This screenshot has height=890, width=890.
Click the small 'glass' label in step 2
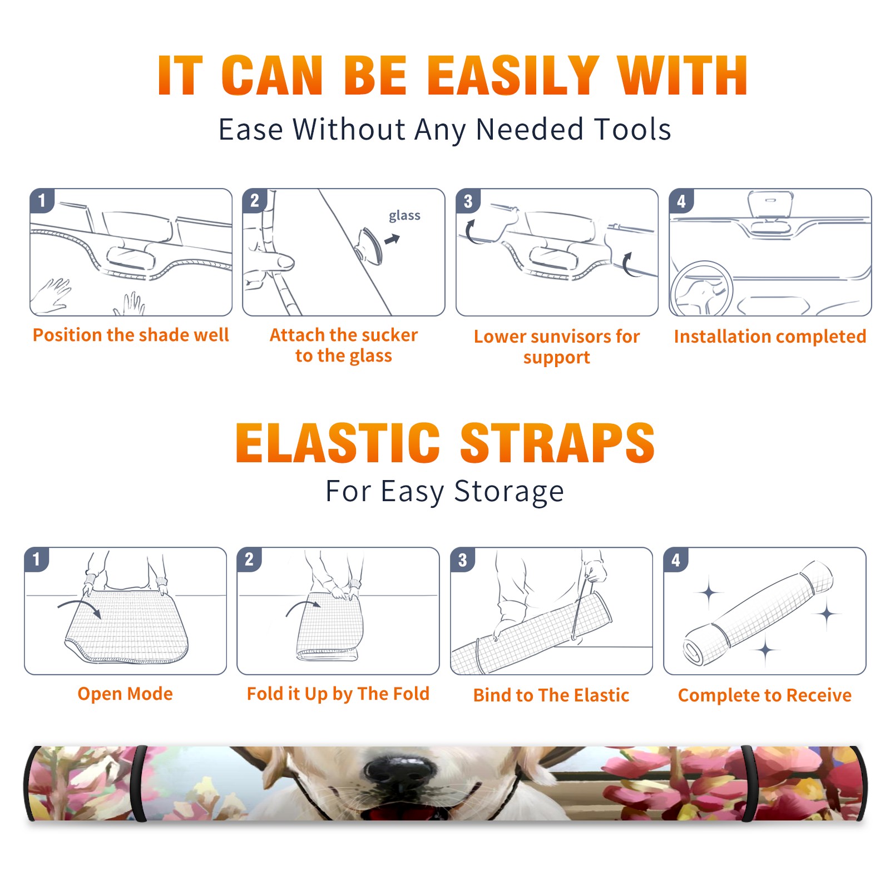[404, 216]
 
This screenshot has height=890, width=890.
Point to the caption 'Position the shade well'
[131, 335]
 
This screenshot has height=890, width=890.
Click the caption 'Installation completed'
[770, 336]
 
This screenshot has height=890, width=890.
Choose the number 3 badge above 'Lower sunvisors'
[468, 201]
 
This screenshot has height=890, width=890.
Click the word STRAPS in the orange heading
[557, 443]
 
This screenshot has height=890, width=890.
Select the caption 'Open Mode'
[125, 694]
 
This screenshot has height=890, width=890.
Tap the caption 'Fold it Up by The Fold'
[338, 694]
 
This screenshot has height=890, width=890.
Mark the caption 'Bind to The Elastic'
[551, 695]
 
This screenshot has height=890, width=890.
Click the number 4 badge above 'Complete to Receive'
[676, 560]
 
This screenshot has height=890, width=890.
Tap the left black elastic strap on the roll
[139, 784]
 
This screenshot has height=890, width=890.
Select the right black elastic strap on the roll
[747, 784]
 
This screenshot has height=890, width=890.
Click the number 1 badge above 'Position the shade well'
[42, 201]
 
